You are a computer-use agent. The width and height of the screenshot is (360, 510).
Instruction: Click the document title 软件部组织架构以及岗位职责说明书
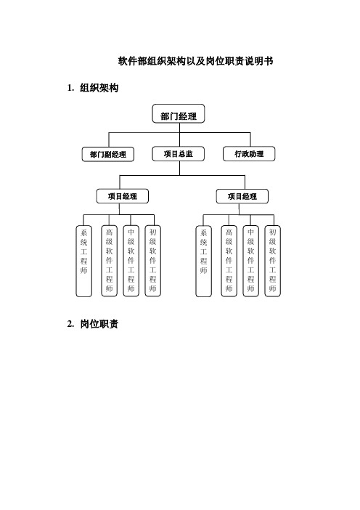(195, 61)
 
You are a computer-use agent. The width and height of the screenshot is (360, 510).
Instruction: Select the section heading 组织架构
(99, 88)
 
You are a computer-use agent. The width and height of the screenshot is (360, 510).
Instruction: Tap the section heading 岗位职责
(99, 324)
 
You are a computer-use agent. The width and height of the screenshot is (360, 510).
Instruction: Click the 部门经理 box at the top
(179, 113)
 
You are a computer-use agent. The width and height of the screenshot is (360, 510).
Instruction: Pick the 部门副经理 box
(108, 154)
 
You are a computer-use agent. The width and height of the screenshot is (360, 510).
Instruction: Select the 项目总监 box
(178, 154)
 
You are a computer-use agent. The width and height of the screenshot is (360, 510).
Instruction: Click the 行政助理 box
(249, 154)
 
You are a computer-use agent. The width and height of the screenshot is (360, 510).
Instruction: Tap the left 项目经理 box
(123, 196)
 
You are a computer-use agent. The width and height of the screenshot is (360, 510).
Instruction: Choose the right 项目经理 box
(242, 196)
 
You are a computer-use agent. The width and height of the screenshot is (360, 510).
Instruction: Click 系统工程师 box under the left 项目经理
(83, 262)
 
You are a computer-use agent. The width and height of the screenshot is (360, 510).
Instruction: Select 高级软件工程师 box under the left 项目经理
(109, 261)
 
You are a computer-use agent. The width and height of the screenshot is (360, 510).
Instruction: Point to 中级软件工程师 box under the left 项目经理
(131, 261)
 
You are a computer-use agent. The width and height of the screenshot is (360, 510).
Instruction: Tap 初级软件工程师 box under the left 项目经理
(152, 261)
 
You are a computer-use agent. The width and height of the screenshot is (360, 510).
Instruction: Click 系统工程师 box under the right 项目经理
(203, 262)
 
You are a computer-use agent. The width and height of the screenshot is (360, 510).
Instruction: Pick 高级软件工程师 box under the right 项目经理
(229, 261)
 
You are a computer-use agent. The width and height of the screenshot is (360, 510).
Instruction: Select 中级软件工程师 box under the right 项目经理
(251, 261)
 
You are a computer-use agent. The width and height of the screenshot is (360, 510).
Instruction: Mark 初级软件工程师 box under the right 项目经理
(273, 261)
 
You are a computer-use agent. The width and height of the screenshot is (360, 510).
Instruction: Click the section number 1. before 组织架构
(71, 88)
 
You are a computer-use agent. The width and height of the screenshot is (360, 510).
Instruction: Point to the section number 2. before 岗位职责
(71, 324)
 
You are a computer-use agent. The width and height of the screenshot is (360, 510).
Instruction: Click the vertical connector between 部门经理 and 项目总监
(180, 135)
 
